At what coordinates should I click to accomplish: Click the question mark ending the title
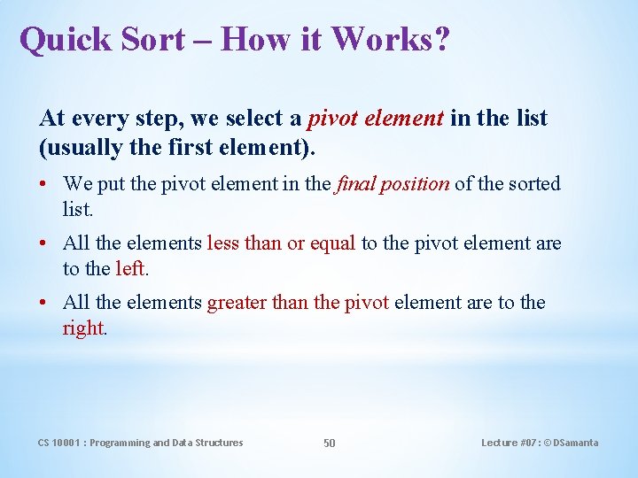[440, 40]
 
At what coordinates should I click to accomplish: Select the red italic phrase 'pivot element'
[376, 118]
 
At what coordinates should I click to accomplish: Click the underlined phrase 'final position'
[393, 184]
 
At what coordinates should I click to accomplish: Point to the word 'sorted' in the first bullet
[531, 184]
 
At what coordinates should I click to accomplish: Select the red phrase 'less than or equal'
[281, 243]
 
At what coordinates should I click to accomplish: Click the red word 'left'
[129, 267]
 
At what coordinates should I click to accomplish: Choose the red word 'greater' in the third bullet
[237, 303]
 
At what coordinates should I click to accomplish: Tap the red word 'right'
[83, 328]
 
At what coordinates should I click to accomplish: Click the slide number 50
[329, 443]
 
